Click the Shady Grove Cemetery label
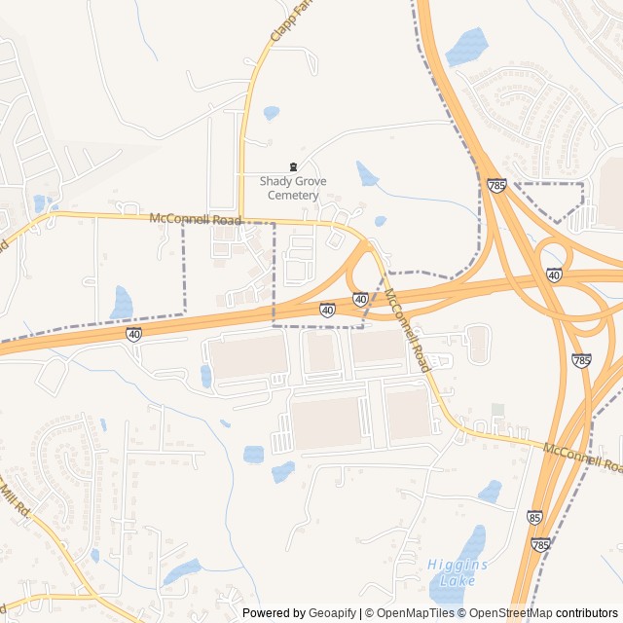[293, 188]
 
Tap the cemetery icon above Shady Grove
[293, 167]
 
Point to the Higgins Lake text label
[457, 572]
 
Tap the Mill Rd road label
[18, 502]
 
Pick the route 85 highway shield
[533, 517]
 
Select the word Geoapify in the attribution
[334, 613]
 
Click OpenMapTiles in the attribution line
[413, 613]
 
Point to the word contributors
[587, 613]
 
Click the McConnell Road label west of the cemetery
[196, 220]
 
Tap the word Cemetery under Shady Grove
[293, 195]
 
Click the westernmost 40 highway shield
[132, 334]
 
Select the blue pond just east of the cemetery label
[367, 175]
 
